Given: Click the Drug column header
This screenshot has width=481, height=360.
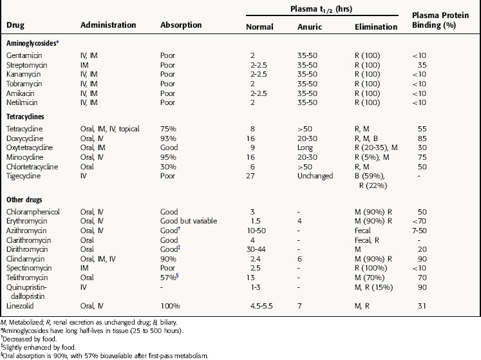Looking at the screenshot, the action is [x=15, y=25].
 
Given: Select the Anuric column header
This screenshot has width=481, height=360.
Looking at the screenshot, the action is [x=310, y=27].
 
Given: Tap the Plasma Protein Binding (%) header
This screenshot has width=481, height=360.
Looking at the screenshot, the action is [x=440, y=20].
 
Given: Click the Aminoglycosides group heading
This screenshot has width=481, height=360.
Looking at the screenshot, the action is [x=32, y=43].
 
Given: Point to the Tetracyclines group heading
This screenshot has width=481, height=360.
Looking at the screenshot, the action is [x=25, y=117].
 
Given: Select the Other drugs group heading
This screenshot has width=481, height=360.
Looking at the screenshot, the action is [x=24, y=200].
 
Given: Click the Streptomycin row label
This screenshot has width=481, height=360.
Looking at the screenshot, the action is [x=26, y=66].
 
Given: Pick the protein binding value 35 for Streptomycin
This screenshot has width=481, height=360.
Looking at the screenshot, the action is [x=422, y=65].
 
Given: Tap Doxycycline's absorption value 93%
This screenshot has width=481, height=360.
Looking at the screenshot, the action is [x=168, y=138].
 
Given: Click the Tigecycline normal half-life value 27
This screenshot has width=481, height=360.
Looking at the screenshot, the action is [x=250, y=176].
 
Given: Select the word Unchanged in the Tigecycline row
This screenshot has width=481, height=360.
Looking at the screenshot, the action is [x=315, y=176].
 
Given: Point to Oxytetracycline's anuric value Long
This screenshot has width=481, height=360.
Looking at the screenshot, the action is [x=305, y=148].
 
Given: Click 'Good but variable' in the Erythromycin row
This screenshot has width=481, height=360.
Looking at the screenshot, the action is [x=189, y=221].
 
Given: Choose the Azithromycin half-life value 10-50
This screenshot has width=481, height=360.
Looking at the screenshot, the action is [x=256, y=231].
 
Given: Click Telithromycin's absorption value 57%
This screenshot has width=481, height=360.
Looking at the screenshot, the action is [x=168, y=278].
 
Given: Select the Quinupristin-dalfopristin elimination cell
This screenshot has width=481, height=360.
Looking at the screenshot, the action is [x=373, y=287].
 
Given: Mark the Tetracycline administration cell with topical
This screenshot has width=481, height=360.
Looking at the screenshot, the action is [x=110, y=129].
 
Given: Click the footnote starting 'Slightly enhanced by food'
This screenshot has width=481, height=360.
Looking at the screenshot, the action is [x=39, y=347].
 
